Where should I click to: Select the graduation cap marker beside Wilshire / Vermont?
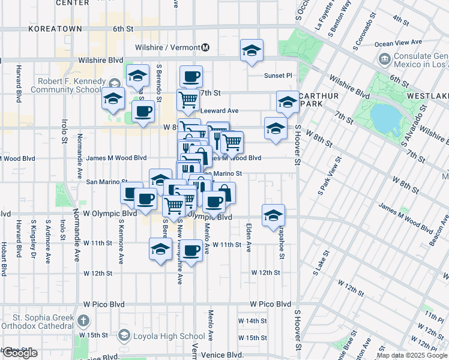252,50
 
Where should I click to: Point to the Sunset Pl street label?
278,76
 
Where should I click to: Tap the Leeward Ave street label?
219,110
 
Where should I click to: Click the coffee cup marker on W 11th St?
191,250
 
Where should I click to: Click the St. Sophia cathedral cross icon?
83,321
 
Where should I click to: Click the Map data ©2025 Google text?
412,355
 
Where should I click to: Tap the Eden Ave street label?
248,230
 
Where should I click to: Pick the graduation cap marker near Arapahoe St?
273,215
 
